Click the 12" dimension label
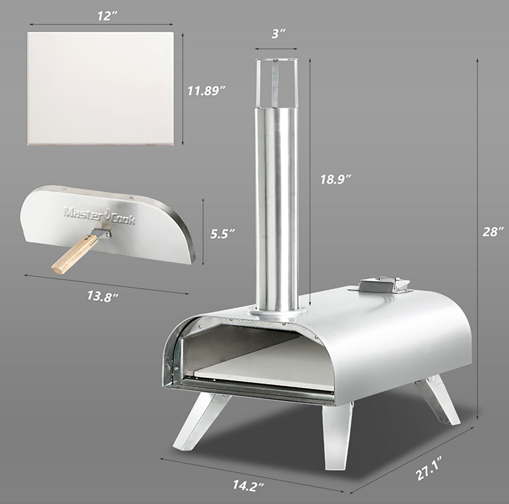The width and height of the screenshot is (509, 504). tap(105, 16)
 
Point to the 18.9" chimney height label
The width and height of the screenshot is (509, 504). tap(336, 179)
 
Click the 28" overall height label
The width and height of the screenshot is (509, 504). tap(492, 232)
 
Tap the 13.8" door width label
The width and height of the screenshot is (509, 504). tap(102, 296)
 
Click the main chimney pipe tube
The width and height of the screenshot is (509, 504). tap(277, 204)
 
